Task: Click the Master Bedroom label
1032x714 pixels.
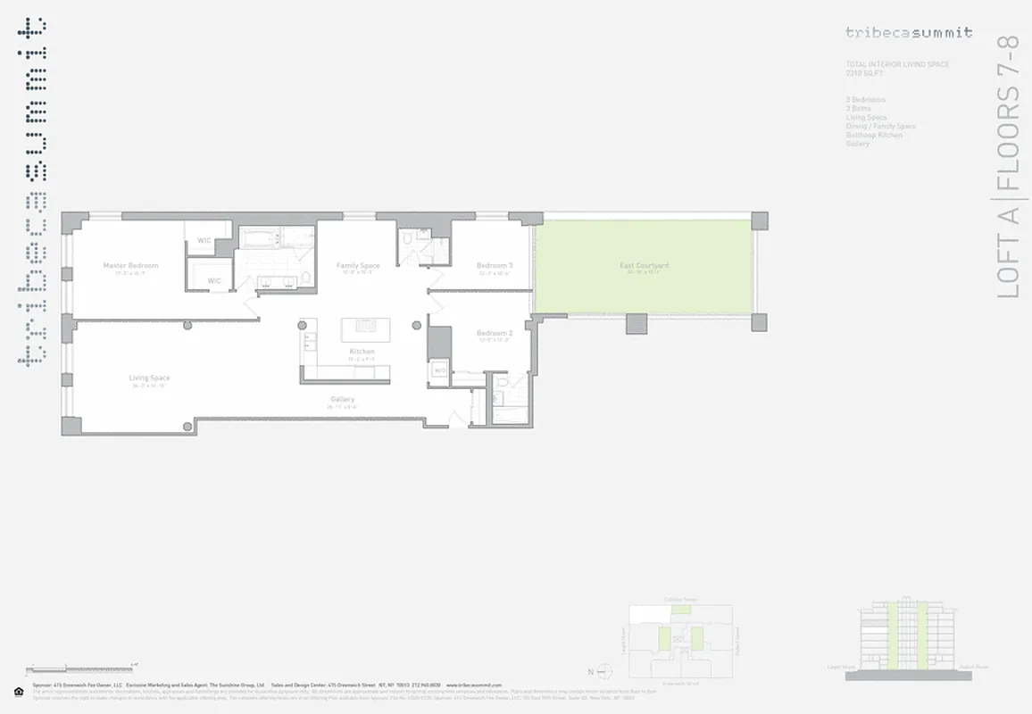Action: click(x=130, y=266)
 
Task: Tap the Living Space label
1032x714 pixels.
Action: click(x=149, y=378)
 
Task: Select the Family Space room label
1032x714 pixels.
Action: click(x=357, y=266)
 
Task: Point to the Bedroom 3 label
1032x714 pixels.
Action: click(x=494, y=266)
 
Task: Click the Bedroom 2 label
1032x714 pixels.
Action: click(x=494, y=334)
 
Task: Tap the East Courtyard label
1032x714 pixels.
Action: click(x=645, y=266)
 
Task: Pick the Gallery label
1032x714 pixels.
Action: click(x=342, y=400)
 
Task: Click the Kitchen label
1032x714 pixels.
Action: click(x=362, y=352)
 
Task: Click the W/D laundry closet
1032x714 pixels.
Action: click(x=439, y=369)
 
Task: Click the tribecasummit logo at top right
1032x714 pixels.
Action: click(x=909, y=33)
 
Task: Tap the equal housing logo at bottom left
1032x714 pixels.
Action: click(x=19, y=691)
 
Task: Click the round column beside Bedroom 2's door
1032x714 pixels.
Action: click(x=417, y=325)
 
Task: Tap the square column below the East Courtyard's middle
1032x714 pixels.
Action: click(x=637, y=323)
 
